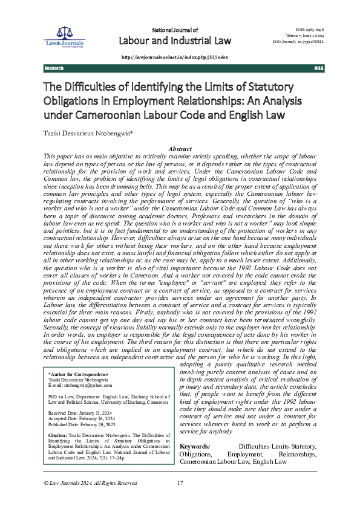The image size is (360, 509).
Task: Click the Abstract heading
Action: pyautogui.click(x=180, y=149)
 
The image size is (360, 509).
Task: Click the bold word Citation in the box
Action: pyautogui.click(x=57, y=436)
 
